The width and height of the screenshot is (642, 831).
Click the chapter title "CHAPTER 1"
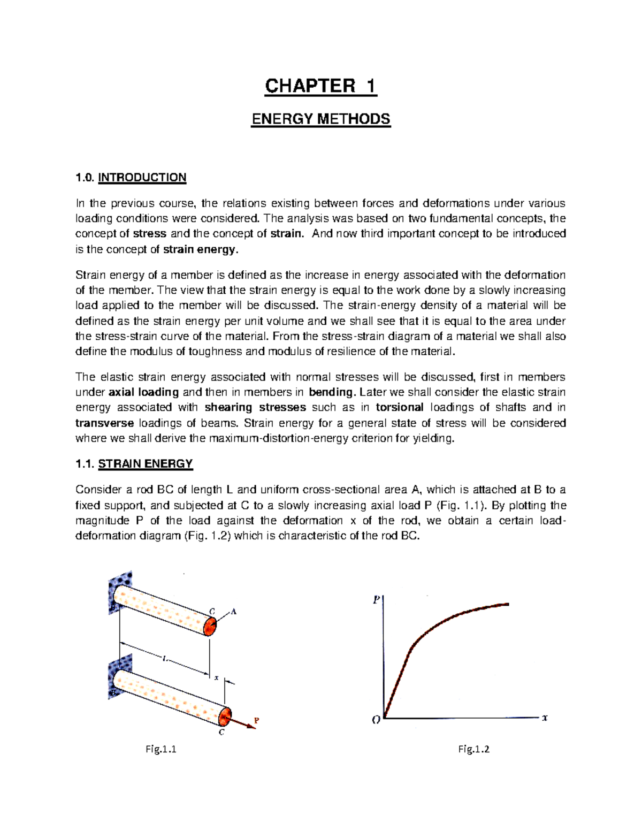pyautogui.click(x=321, y=86)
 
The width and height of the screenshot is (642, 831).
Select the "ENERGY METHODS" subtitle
pyautogui.click(x=321, y=119)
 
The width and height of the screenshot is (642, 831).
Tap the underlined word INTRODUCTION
pyautogui.click(x=142, y=178)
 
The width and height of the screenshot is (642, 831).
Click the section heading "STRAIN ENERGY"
pyautogui.click(x=145, y=464)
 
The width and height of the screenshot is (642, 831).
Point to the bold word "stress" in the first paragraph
pyautogui.click(x=150, y=234)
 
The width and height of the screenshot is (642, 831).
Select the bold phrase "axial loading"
pyautogui.click(x=143, y=392)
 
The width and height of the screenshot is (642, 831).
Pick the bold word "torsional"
pyautogui.click(x=400, y=407)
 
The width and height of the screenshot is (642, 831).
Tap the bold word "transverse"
pyautogui.click(x=105, y=423)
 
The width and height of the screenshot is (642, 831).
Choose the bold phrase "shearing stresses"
pyautogui.click(x=255, y=407)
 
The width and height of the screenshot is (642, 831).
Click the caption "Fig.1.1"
pyautogui.click(x=161, y=749)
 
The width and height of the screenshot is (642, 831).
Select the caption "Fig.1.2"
pyautogui.click(x=474, y=749)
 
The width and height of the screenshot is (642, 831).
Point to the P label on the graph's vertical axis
pyautogui.click(x=376, y=600)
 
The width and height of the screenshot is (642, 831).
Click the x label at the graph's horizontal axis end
pyautogui.click(x=545, y=718)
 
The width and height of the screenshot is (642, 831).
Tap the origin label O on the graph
pyautogui.click(x=376, y=720)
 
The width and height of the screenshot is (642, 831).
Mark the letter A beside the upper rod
pyautogui.click(x=233, y=612)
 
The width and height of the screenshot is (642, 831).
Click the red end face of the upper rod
pyautogui.click(x=211, y=626)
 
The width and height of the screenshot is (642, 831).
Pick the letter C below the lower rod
pyautogui.click(x=221, y=732)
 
